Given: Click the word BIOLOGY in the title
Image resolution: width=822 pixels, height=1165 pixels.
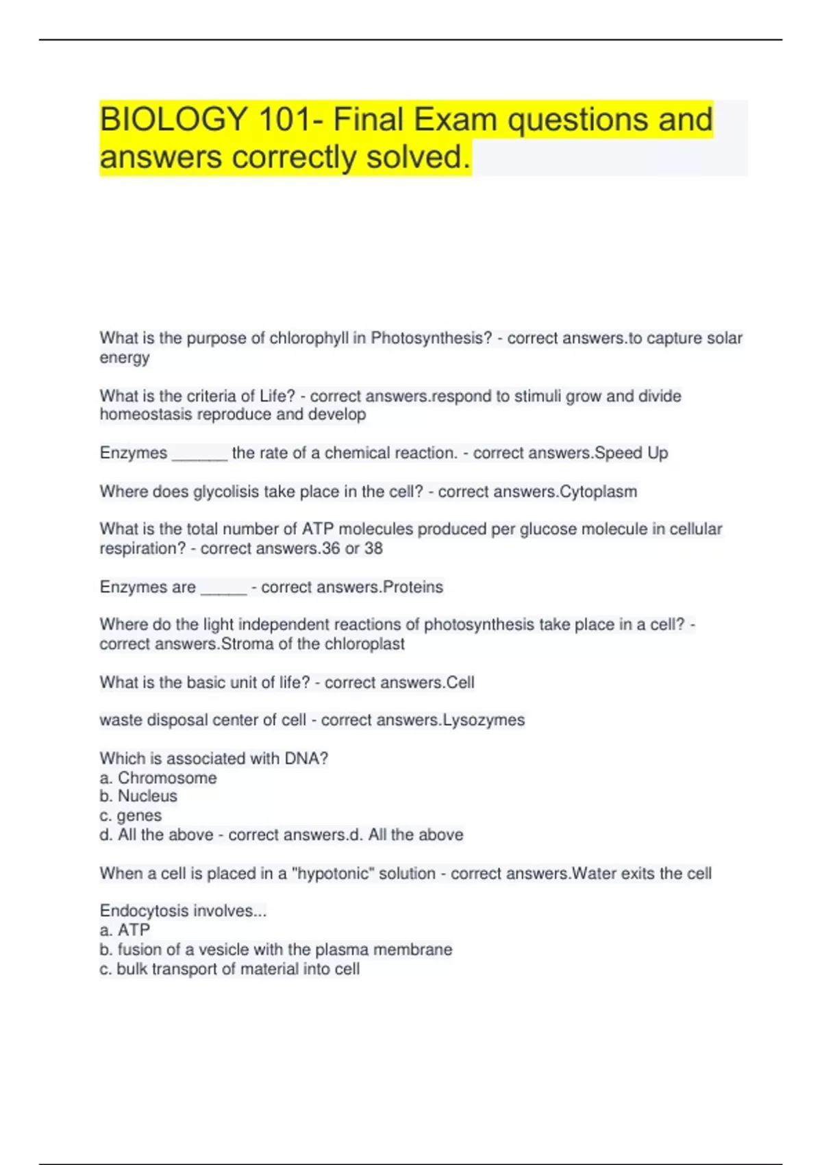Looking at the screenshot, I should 173,119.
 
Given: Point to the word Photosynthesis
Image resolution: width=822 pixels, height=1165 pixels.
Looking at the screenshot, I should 431,339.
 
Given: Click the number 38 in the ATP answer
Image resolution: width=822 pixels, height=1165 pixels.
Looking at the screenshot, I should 373,549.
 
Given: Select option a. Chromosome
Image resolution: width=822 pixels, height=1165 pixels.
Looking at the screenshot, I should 158,778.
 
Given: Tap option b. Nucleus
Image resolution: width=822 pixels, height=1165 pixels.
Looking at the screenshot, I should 138,796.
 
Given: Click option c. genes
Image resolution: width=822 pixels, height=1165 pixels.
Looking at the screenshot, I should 131,816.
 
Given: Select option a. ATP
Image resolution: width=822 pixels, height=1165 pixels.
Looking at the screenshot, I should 125,931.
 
